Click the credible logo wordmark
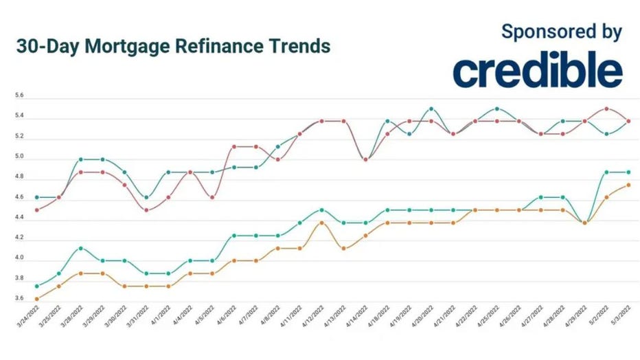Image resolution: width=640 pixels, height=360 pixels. [538, 70]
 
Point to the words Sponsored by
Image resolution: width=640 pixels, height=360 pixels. [561, 31]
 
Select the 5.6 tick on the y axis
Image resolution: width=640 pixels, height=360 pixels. [19, 96]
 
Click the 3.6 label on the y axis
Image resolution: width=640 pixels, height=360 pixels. [19, 299]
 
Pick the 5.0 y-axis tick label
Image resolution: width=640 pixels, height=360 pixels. [19, 157]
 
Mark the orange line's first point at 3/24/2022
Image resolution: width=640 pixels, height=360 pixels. [36, 299]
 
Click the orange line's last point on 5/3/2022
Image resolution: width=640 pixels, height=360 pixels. [628, 185]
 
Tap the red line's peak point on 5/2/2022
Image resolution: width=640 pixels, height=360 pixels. [606, 109]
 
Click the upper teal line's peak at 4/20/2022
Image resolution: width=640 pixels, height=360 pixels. [431, 109]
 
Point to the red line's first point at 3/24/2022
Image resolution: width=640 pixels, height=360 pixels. [36, 210]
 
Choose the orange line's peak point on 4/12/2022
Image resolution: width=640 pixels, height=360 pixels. [321, 223]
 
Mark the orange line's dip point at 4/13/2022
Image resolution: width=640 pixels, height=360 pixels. [343, 248]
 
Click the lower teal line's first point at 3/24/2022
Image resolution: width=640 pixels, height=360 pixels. [36, 286]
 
